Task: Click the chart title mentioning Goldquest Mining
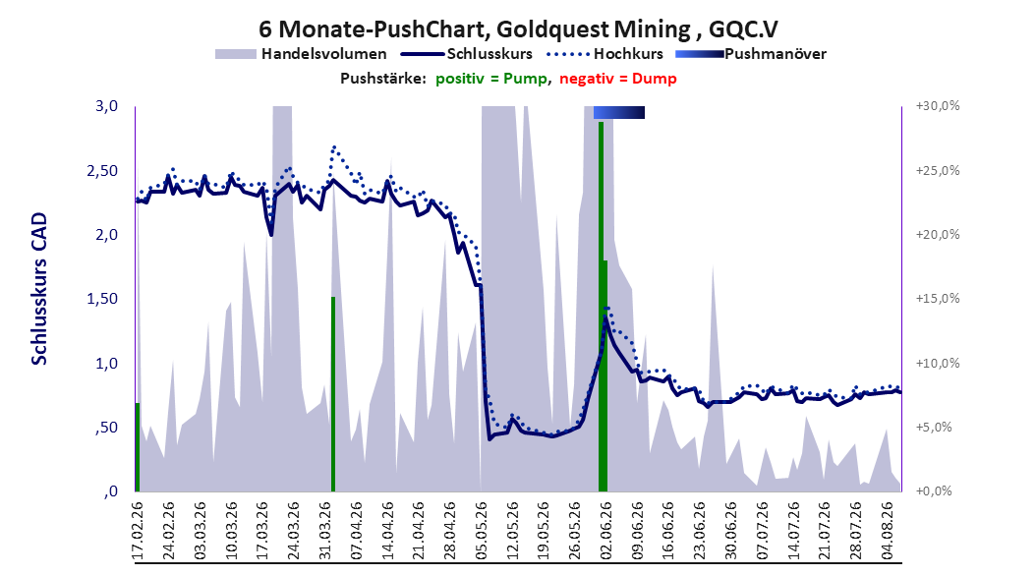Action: (518, 29)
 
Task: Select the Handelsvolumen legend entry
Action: (302, 54)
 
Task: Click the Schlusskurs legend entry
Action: (467, 54)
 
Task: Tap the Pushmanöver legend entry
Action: (751, 54)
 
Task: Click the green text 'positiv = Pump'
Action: (490, 79)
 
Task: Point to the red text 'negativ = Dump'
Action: (618, 79)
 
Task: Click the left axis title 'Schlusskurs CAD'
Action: (39, 289)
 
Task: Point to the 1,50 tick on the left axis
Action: (102, 299)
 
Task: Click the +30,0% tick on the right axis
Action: (938, 106)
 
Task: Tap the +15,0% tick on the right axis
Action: (938, 299)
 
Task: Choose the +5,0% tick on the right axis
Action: (934, 428)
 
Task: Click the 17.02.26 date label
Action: (138, 531)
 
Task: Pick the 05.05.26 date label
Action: (481, 531)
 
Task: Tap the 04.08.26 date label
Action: (888, 531)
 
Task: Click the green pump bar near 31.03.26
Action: (333, 394)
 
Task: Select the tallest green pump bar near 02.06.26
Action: (602, 307)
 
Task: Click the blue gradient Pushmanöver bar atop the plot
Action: (619, 112)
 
